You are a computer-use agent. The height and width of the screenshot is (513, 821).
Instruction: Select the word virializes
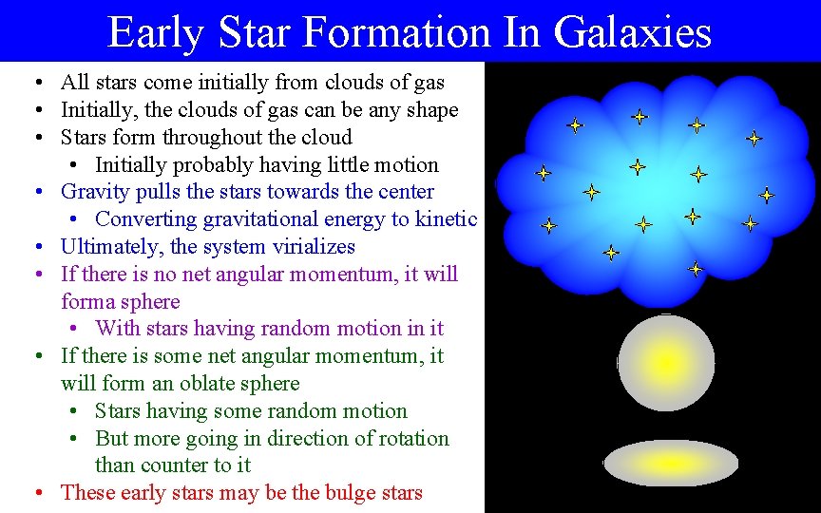tap(311, 247)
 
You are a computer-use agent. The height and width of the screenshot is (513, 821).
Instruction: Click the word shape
tap(429, 110)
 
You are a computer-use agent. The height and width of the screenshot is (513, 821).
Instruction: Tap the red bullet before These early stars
tap(36, 493)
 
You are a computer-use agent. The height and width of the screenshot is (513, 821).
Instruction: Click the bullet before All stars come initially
tap(36, 84)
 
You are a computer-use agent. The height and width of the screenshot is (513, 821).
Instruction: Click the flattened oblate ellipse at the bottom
tap(671, 464)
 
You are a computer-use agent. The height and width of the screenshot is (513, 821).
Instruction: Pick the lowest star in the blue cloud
tap(696, 269)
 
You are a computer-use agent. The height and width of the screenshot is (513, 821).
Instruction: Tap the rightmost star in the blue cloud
tap(766, 196)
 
